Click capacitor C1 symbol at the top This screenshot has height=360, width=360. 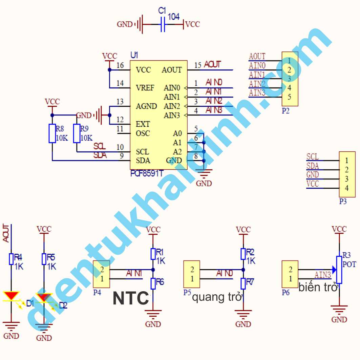pos(163,24)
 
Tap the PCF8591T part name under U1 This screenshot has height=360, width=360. pos(147,173)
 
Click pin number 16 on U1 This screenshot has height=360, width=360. pos(120,65)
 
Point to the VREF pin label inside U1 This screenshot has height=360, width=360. pos(145,88)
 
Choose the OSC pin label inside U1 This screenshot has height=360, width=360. pos(143,133)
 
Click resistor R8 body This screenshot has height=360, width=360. pos(52,133)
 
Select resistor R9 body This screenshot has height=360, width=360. pos(77,133)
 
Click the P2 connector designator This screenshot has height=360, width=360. pos(285,111)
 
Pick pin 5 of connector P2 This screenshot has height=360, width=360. pos(290,97)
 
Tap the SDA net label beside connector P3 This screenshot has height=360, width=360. pos(313,166)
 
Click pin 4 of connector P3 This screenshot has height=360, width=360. pos(346,188)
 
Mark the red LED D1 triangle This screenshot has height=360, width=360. pos(12,296)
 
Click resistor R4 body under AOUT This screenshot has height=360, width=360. pos(11,259)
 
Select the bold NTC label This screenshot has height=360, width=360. pos(131,298)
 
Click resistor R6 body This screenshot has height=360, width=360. pos(153,283)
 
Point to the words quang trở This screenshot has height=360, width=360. pos(217,298)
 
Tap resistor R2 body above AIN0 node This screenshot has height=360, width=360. pos(243,254)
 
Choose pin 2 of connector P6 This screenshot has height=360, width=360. pos(290,270)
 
